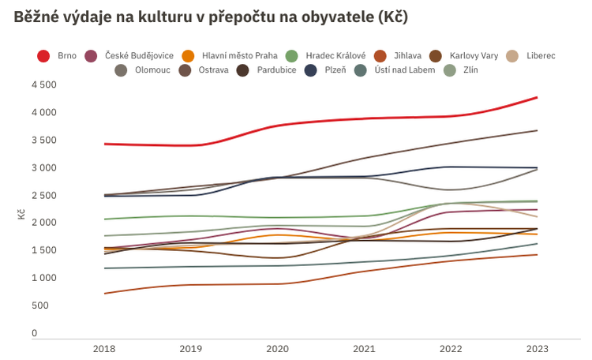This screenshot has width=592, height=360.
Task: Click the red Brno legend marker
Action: coord(44,56)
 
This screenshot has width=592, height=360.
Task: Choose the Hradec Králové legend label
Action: coord(335,56)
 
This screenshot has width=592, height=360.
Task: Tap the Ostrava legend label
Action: coord(214,70)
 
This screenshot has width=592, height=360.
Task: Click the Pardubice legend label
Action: coord(276,70)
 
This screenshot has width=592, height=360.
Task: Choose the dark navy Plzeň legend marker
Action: coord(312,70)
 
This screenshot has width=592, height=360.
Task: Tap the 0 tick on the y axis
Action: coord(34,333)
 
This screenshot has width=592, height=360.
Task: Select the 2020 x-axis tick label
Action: coord(278,348)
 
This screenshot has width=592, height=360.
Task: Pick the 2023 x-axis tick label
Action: coord(538,348)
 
